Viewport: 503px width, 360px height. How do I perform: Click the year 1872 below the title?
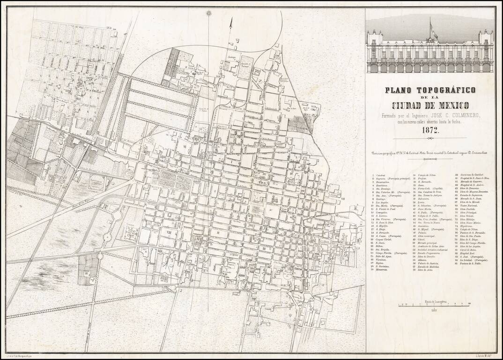(x=430, y=131)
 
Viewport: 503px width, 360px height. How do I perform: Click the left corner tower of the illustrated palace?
(x=373, y=37)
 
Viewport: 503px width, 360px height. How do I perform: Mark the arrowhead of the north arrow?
(x=230, y=21)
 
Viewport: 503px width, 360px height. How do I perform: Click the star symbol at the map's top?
(x=209, y=13)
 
